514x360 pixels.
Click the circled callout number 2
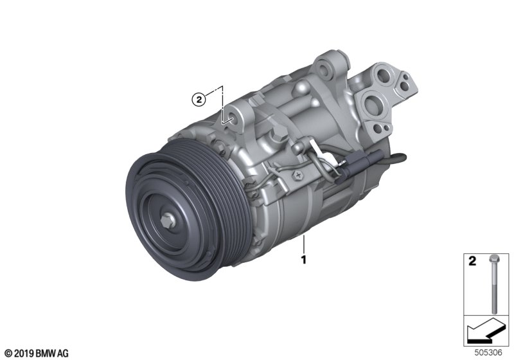pyautogui.click(x=199, y=100)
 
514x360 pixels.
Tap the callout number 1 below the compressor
pyautogui.click(x=304, y=260)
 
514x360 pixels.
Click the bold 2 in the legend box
pyautogui.click(x=472, y=261)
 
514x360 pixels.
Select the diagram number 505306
pyautogui.click(x=488, y=352)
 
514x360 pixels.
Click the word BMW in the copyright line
pyautogui.click(x=46, y=354)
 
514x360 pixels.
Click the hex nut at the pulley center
pyautogui.click(x=168, y=221)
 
